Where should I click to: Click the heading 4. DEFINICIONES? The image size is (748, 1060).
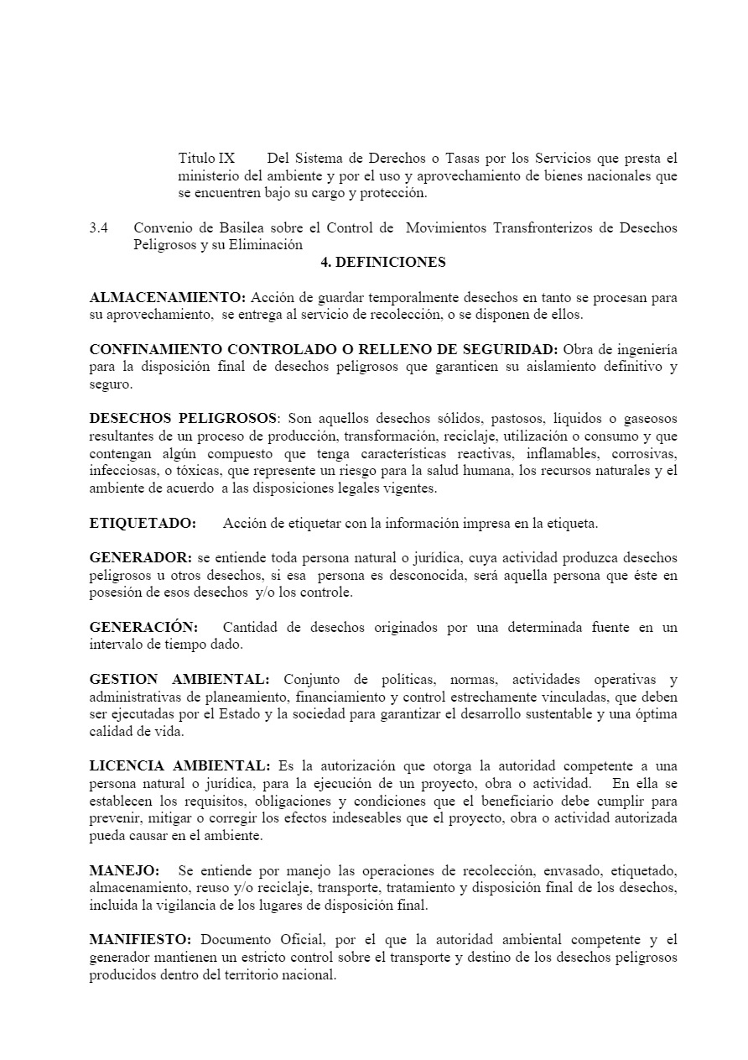pos(383,262)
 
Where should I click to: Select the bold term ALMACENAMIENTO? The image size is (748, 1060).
pos(168,297)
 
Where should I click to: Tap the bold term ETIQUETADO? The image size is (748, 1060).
pos(143,523)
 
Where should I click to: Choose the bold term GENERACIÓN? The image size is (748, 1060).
pos(143,627)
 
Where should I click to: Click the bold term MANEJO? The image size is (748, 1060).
pos(124,870)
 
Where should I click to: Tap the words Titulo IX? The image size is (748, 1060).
pos(206,158)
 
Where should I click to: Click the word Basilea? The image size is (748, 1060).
pos(229,228)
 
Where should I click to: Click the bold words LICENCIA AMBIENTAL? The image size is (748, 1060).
pos(179,765)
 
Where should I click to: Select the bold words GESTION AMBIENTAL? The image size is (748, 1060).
pos(179,678)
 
